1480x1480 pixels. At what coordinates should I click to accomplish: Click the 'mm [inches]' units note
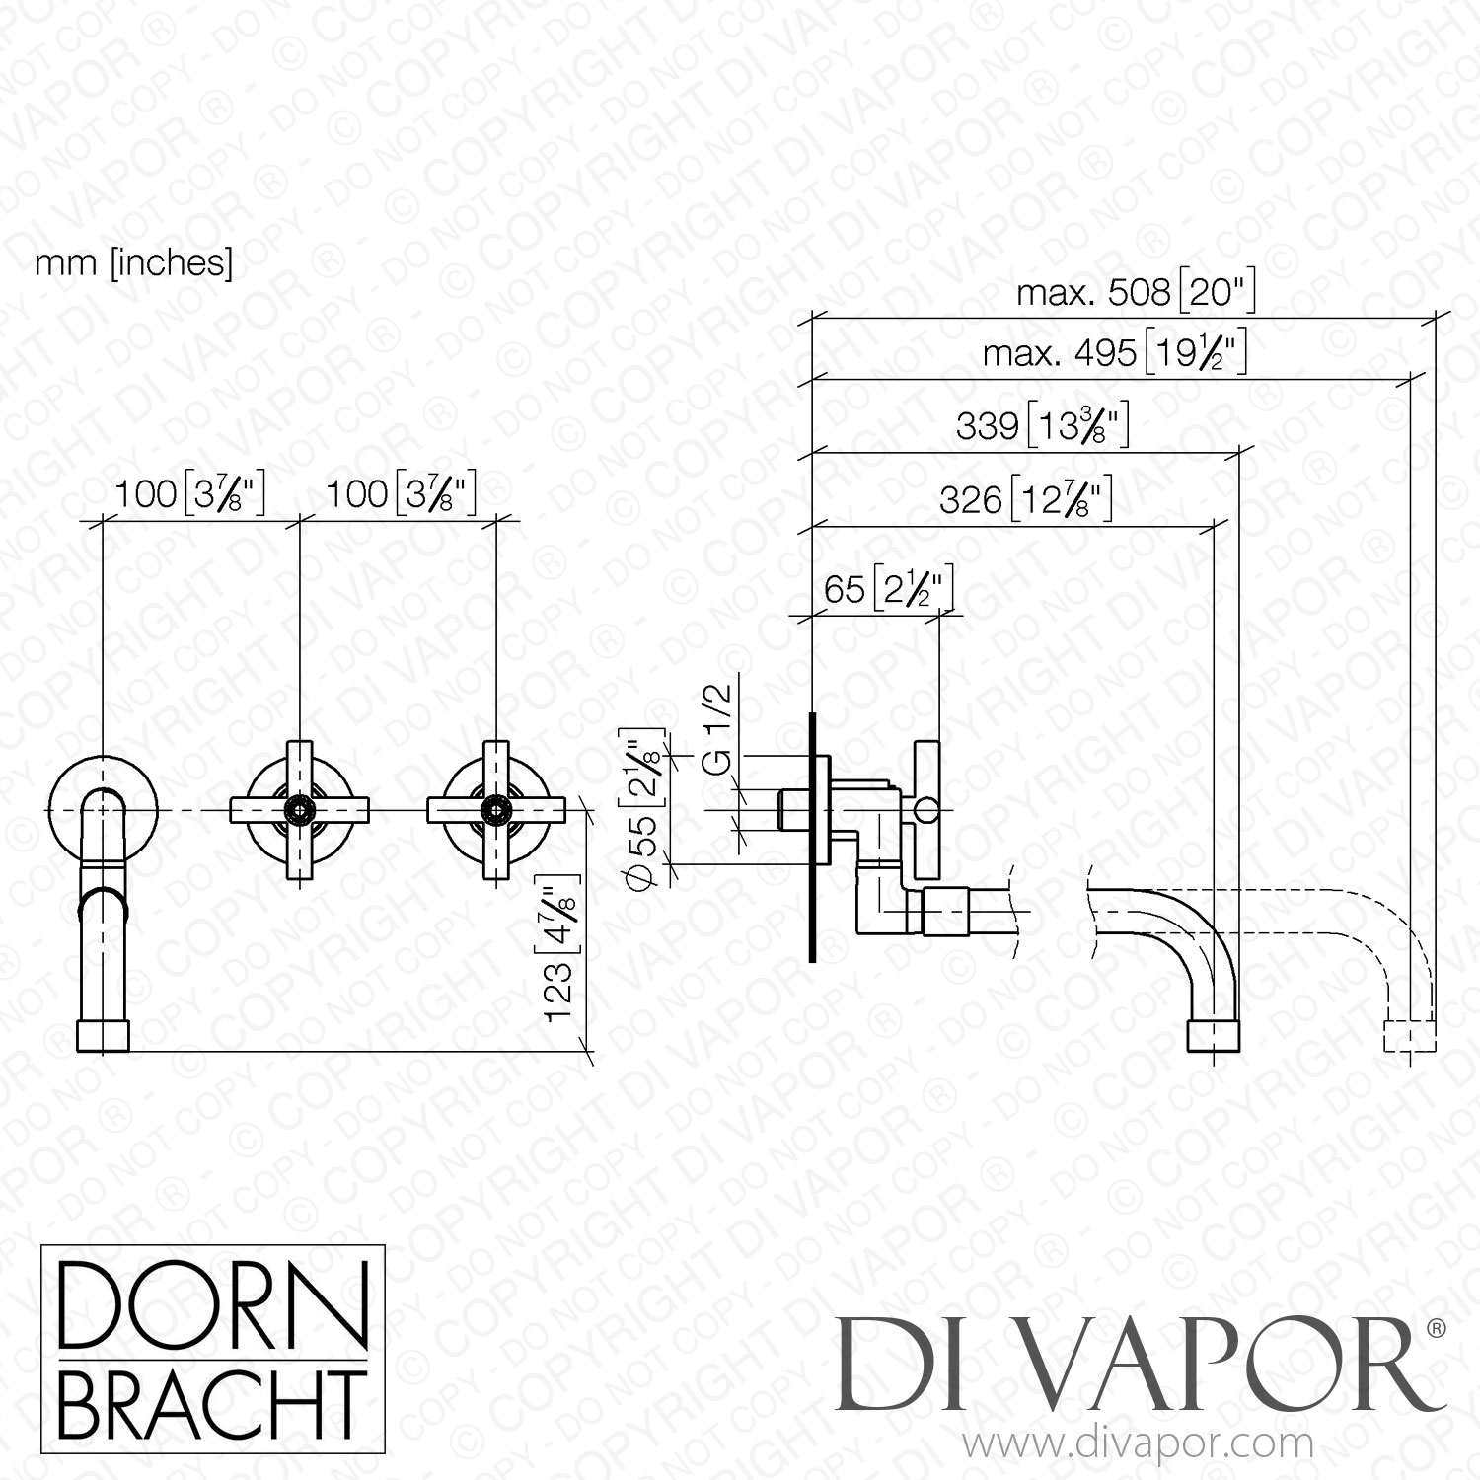(134, 264)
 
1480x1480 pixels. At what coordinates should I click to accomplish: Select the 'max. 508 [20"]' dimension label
(1135, 293)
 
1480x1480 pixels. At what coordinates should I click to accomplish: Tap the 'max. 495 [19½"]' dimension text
(1115, 353)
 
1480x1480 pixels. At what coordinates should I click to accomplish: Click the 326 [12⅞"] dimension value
(1026, 501)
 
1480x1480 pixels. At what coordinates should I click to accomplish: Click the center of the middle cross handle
(299, 810)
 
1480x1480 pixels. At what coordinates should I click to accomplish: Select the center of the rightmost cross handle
(495, 810)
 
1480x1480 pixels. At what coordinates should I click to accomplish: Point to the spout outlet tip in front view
(104, 1036)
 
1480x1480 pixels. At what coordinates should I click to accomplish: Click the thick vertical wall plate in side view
(811, 835)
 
